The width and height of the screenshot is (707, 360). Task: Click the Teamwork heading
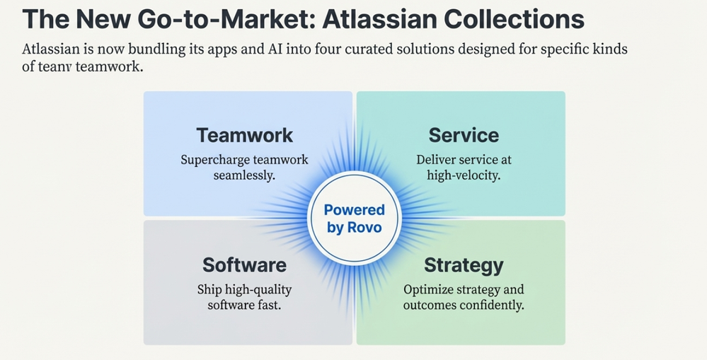pyautogui.click(x=244, y=135)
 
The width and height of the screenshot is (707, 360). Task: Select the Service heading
pyautogui.click(x=464, y=135)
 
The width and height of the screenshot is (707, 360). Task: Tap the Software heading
pyautogui.click(x=244, y=265)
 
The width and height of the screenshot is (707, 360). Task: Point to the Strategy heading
pyautogui.click(x=464, y=266)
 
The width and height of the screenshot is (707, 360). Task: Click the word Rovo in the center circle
pyautogui.click(x=365, y=228)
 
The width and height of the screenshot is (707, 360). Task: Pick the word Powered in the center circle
pyautogui.click(x=354, y=210)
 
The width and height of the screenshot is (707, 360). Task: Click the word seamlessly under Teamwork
pyautogui.click(x=244, y=175)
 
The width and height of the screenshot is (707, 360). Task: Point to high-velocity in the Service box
pyautogui.click(x=464, y=175)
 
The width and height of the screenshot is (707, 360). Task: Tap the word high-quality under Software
pyautogui.click(x=258, y=290)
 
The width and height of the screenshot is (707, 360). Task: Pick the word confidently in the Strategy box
pyautogui.click(x=490, y=306)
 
